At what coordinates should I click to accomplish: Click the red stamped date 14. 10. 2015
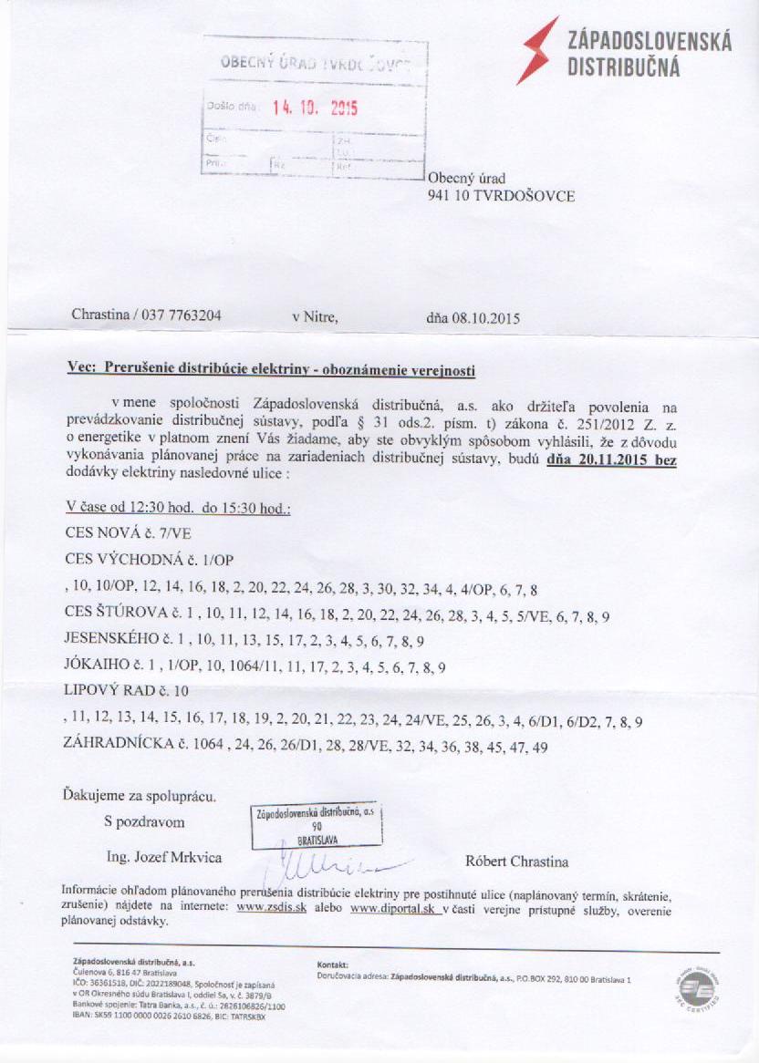click(x=315, y=108)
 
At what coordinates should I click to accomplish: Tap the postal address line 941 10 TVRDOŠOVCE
click(x=501, y=195)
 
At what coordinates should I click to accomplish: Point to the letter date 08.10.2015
click(x=485, y=319)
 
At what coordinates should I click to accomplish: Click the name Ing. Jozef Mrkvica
click(x=164, y=857)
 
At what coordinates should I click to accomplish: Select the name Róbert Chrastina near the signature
click(x=516, y=862)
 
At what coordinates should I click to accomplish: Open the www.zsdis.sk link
click(x=271, y=908)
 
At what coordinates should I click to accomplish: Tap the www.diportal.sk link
click(x=394, y=908)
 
